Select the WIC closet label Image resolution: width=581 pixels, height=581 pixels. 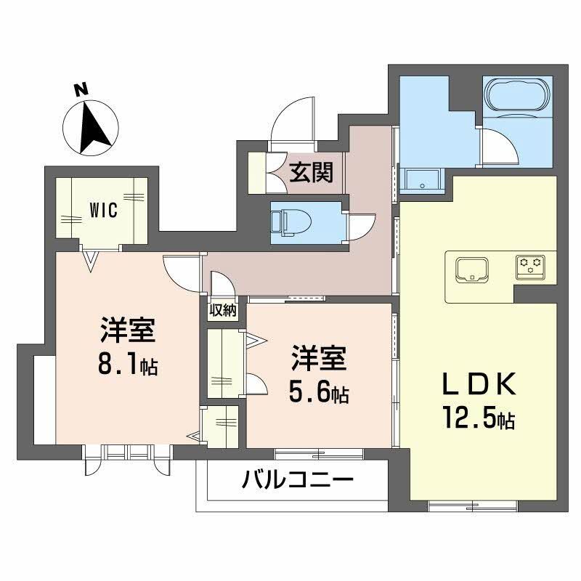103,209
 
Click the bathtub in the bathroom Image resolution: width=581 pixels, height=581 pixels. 517,94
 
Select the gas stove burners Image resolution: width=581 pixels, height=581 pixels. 531,265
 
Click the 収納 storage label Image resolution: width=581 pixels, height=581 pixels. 223,310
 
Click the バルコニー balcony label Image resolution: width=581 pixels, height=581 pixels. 298,479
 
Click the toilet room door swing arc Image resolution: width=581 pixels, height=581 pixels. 361,225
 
